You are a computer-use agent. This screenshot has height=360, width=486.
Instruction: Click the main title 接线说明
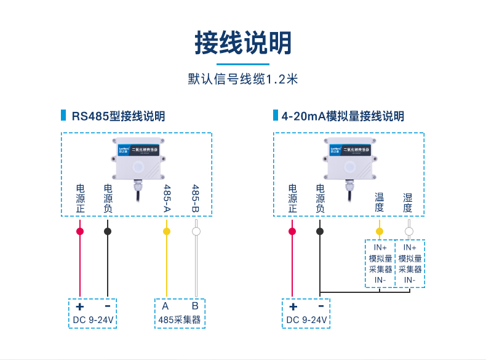tap(243, 42)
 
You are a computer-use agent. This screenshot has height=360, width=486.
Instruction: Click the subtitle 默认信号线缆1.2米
tap(243, 79)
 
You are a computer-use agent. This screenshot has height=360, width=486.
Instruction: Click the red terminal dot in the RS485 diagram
tap(79, 231)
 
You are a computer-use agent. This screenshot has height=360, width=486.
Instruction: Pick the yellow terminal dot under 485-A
tap(166, 231)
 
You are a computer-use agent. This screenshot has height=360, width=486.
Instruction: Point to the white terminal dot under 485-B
tap(196, 231)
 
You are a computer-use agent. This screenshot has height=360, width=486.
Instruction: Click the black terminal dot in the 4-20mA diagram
tap(320, 231)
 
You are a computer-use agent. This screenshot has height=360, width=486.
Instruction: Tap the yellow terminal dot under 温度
tap(380, 231)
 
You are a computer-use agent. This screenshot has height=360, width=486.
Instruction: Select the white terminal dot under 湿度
tap(408, 231)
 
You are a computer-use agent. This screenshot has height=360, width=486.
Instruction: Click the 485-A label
tap(166, 198)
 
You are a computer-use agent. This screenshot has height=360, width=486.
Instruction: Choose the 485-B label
tap(196, 198)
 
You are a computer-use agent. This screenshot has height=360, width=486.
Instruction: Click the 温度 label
tap(380, 202)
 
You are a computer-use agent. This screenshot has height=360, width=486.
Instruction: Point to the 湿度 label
tap(408, 202)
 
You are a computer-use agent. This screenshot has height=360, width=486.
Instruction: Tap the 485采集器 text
tap(180, 320)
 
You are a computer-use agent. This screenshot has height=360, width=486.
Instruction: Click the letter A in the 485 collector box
tap(165, 306)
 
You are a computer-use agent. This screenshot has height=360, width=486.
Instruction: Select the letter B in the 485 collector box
tap(194, 306)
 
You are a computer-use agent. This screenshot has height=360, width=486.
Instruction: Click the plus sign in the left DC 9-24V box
tap(79, 306)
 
